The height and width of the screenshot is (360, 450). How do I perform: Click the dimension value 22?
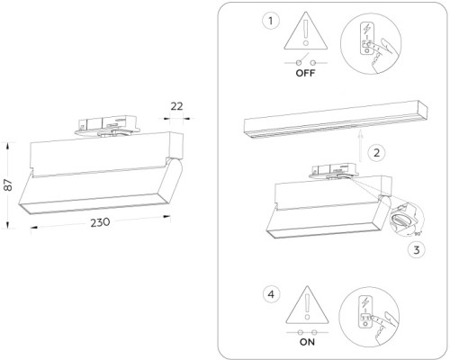pos(176,106)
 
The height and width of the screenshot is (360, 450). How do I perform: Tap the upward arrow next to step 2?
pos(358,144)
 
